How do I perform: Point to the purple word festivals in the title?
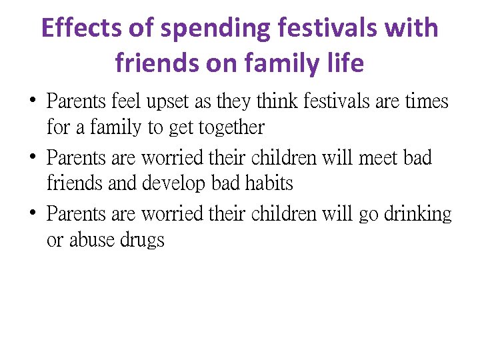325,28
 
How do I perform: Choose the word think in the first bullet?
275,102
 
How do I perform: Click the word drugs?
142,239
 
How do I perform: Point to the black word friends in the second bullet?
74,183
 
